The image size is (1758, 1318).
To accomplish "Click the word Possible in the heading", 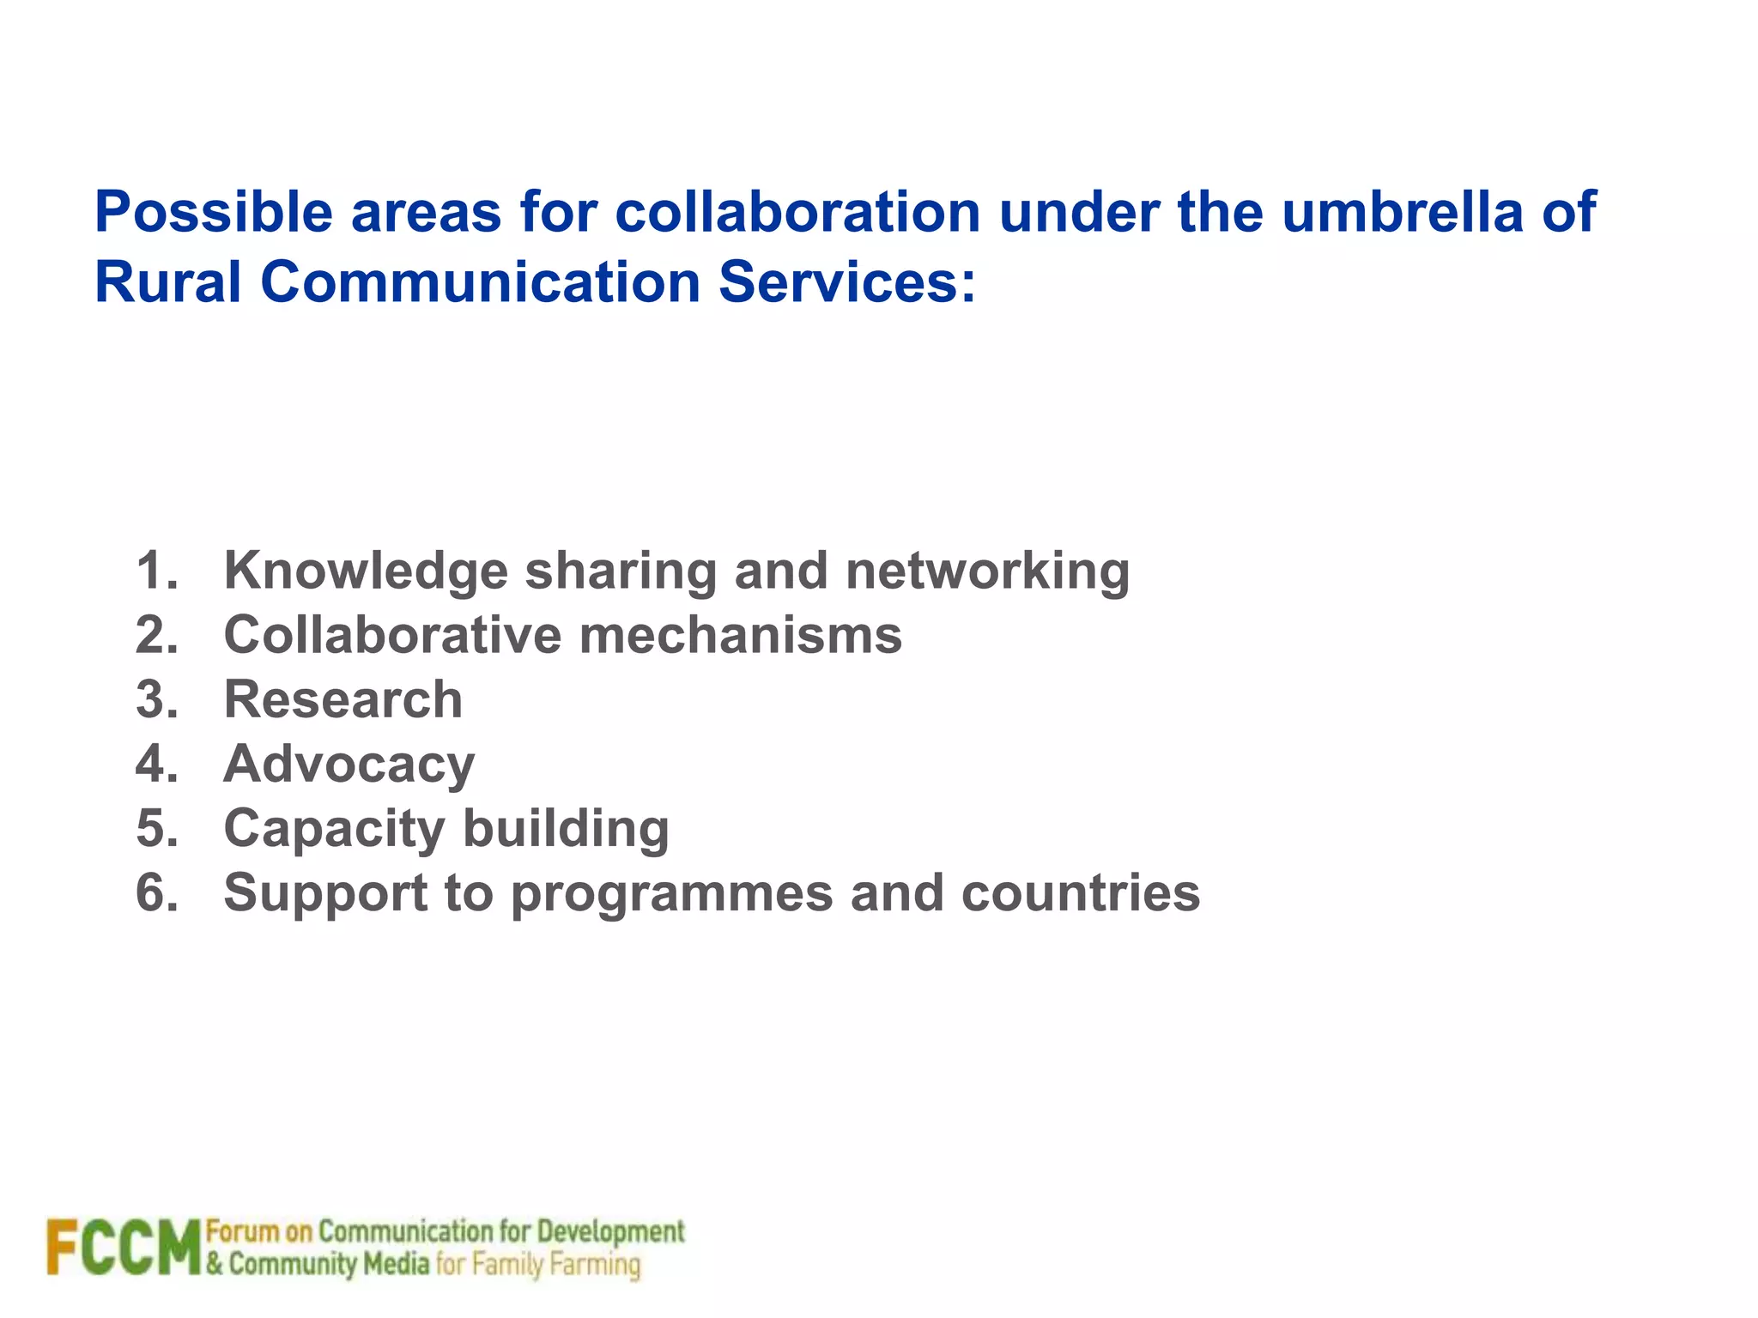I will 213,212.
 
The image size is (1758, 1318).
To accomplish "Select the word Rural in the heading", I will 167,282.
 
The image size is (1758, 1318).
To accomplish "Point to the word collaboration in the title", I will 797,212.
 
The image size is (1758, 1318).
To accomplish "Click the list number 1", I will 155,571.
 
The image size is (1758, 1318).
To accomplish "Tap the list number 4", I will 155,764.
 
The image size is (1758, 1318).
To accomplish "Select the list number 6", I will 155,892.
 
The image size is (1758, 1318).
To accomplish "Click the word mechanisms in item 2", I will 740,635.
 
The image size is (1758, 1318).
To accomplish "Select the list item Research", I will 343,699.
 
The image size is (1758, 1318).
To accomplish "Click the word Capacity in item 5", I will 334,830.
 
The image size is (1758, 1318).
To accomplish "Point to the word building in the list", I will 566,830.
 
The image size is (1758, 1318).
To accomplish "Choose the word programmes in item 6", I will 671,894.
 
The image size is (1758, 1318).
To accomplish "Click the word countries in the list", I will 1080,892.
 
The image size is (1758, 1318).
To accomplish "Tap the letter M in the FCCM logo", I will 178,1247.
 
